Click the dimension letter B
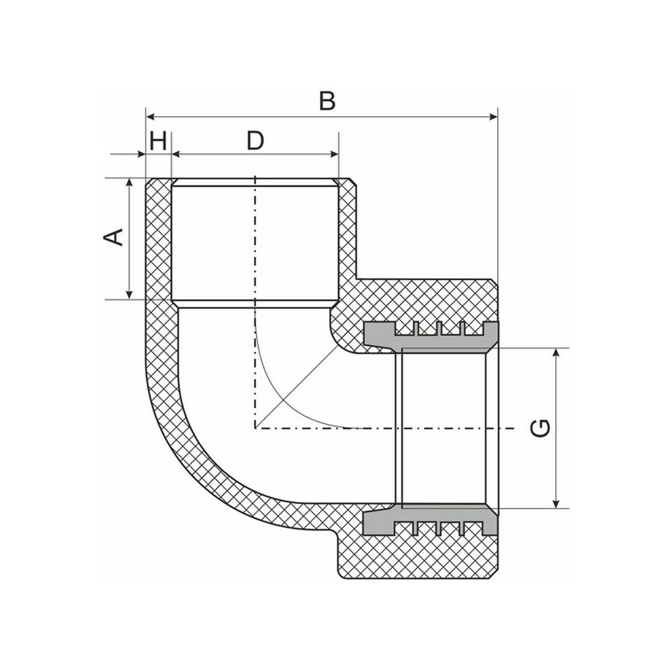[327, 101]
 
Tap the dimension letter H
[159, 141]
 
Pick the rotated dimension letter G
[540, 428]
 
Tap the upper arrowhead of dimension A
[128, 183]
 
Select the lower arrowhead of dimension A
[128, 294]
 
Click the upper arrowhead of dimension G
[556, 353]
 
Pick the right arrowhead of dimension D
[333, 154]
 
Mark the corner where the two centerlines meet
[255, 427]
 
